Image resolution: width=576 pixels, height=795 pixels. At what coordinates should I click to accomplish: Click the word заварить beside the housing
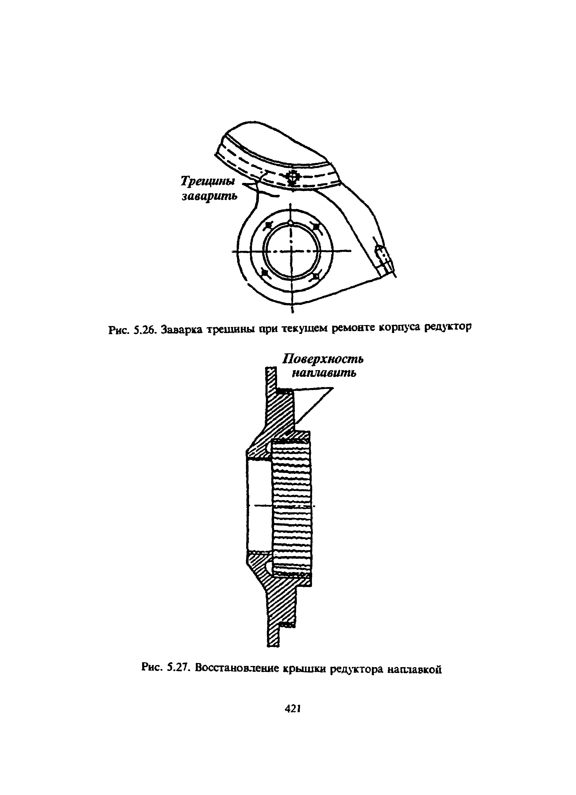coord(209,196)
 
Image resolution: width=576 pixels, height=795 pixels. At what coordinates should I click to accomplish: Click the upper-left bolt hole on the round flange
coord(268,225)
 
